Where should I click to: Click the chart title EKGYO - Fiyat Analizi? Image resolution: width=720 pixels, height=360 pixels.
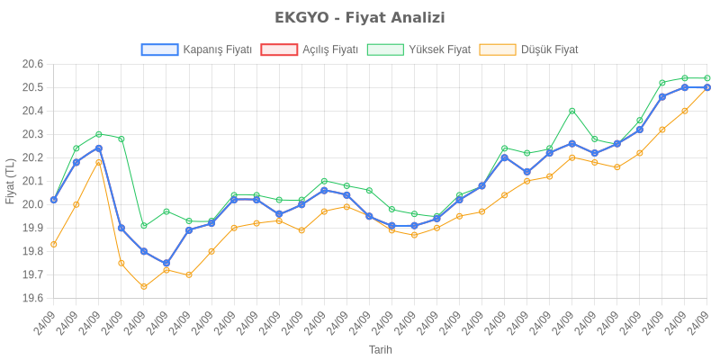pyautogui.click(x=360, y=18)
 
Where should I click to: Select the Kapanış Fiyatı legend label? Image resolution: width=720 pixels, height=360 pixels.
pyautogui.click(x=217, y=49)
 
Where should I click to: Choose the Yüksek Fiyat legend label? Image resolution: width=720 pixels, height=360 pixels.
pyautogui.click(x=439, y=49)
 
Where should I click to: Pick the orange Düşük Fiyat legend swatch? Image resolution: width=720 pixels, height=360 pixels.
pyautogui.click(x=498, y=49)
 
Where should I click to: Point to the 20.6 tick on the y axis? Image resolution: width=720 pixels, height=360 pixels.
pyautogui.click(x=33, y=64)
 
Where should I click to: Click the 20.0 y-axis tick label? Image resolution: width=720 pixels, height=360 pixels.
pyautogui.click(x=33, y=204)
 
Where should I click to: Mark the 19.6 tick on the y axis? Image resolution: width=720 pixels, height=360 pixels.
pyautogui.click(x=33, y=298)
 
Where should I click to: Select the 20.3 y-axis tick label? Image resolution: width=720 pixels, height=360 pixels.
pyautogui.click(x=33, y=134)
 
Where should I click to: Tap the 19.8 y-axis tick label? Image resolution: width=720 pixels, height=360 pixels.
pyautogui.click(x=33, y=251)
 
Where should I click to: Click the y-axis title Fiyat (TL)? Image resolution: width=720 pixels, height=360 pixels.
pyautogui.click(x=10, y=181)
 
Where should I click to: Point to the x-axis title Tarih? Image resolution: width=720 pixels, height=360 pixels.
pyautogui.click(x=380, y=349)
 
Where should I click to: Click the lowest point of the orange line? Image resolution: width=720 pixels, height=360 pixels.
pyautogui.click(x=144, y=286)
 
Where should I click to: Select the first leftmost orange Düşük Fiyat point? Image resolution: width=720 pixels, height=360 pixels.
pyautogui.click(x=54, y=244)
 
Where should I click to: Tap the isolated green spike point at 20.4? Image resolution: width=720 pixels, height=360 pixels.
pyautogui.click(x=571, y=111)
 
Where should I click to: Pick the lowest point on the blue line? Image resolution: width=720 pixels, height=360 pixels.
pyautogui.click(x=166, y=263)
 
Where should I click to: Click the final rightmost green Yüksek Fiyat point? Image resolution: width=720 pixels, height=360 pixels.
pyautogui.click(x=706, y=78)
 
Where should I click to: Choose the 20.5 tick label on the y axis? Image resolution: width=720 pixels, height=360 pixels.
pyautogui.click(x=33, y=87)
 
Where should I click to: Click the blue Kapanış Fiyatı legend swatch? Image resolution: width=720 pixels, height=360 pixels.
pyautogui.click(x=159, y=49)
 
